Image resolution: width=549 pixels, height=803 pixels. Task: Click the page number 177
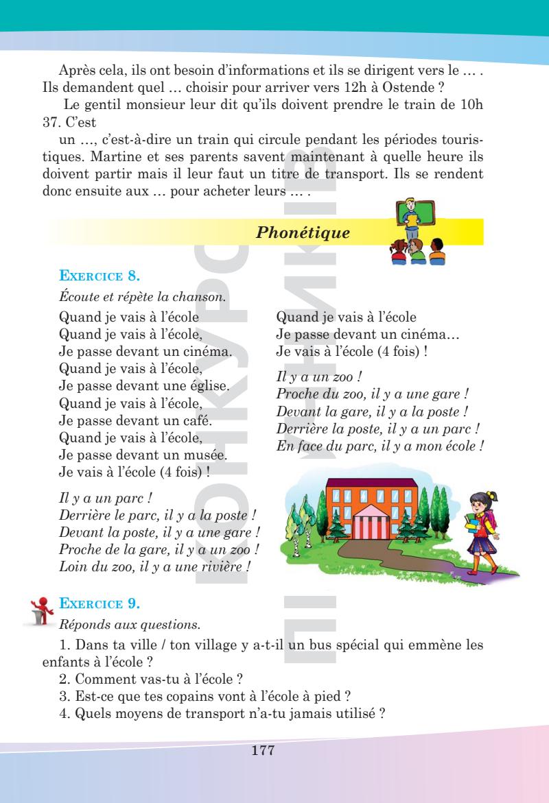(264, 752)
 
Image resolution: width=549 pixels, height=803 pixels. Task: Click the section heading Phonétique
(303, 233)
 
